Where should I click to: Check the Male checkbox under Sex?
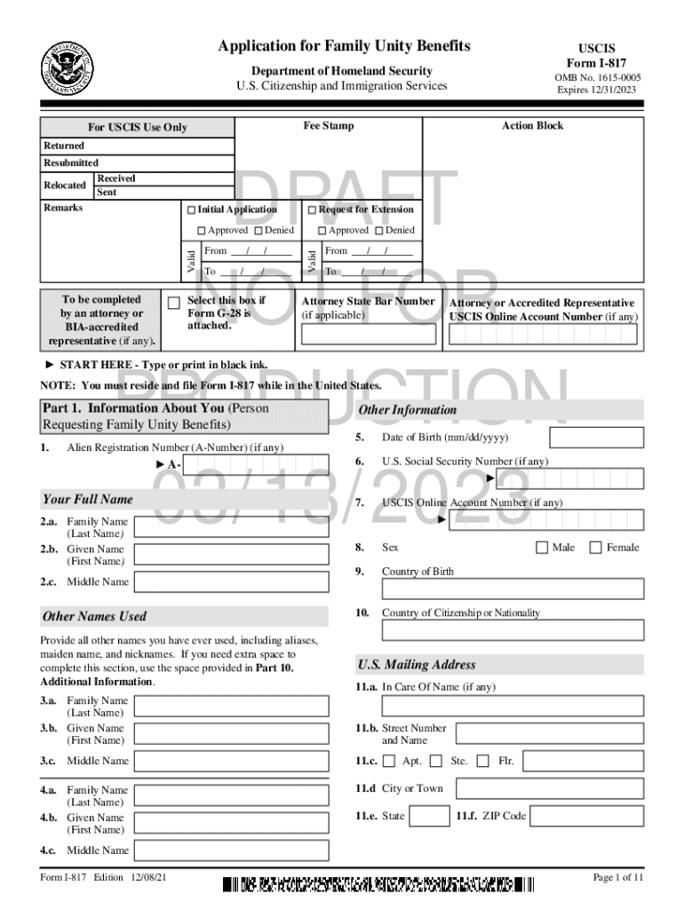tap(542, 548)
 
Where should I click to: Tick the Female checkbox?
tap(595, 548)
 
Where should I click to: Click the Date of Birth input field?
tap(596, 439)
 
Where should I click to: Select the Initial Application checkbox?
tap(190, 210)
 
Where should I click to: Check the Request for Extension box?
tap(312, 210)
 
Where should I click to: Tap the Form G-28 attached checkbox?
tap(174, 303)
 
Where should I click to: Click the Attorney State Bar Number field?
tap(369, 334)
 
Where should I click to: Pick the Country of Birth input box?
tap(513, 589)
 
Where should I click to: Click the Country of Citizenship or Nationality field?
tap(513, 629)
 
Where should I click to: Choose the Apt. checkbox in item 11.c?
tap(389, 761)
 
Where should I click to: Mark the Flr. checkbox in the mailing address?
tap(483, 761)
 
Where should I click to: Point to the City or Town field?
tap(546, 788)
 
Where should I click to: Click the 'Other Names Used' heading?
tap(94, 616)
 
